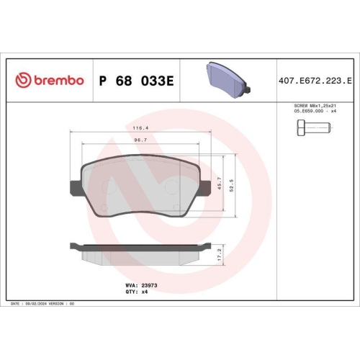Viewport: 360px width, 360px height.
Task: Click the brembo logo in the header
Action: (x=50, y=79)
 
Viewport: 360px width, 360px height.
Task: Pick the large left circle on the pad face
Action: (x=112, y=187)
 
